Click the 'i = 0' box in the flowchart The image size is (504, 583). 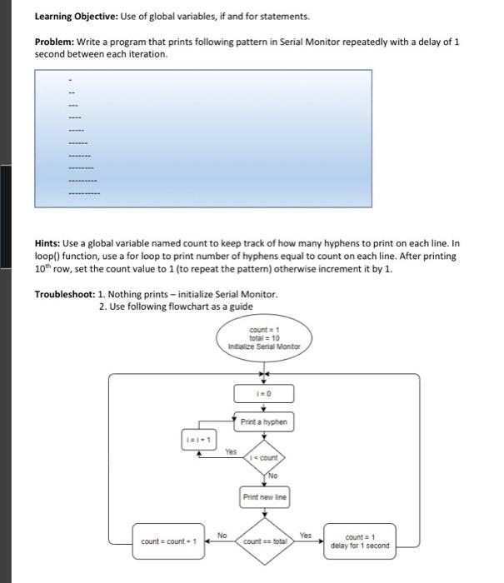[263, 393]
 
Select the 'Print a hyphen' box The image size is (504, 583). [263, 422]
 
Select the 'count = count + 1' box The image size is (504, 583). [168, 542]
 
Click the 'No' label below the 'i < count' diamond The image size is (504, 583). [272, 476]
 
